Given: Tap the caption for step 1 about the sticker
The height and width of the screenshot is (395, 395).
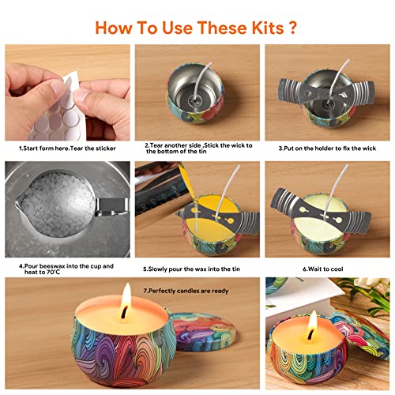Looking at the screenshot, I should coord(65,147).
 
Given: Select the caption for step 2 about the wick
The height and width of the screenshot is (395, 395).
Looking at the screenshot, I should coord(197,150).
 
